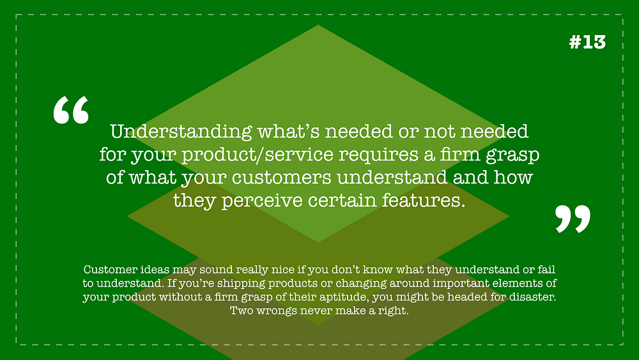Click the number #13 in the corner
click(x=587, y=42)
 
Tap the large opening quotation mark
click(x=71, y=110)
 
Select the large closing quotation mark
click(x=573, y=219)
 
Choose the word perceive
click(x=262, y=201)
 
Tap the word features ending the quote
click(x=424, y=200)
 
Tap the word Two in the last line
click(x=242, y=311)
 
